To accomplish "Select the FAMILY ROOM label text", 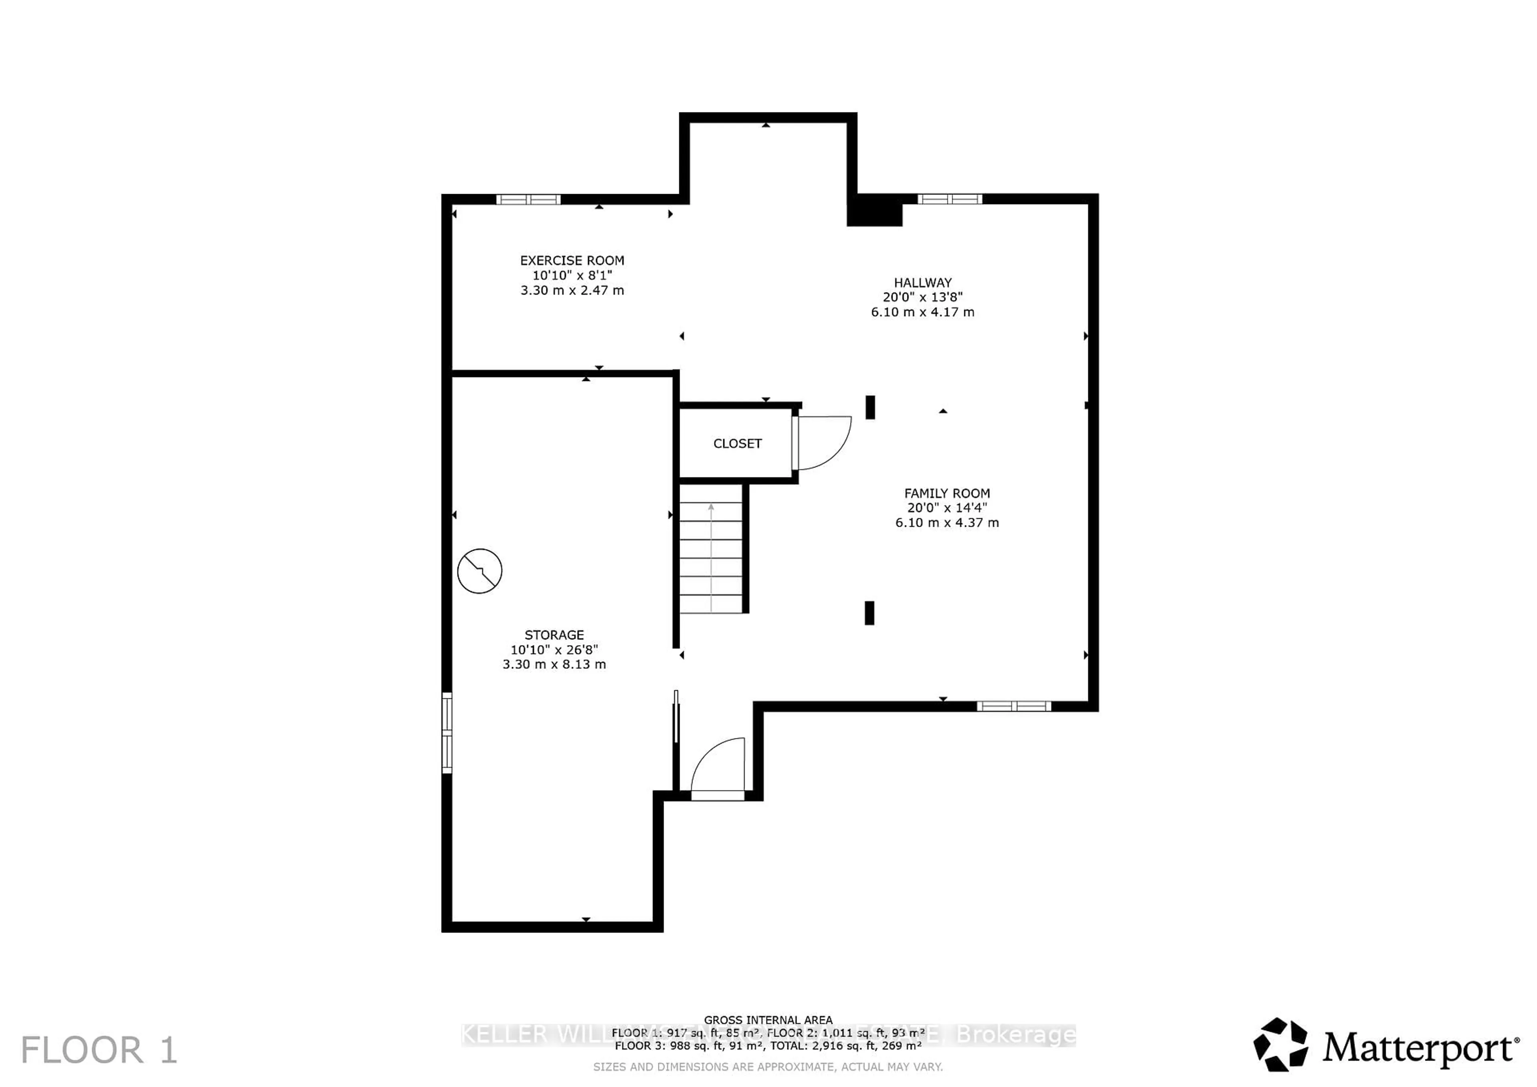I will [947, 493].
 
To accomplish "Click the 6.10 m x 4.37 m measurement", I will [947, 523].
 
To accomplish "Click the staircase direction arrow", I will [711, 556].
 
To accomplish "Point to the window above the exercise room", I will [528, 199].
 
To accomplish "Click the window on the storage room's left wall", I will [447, 733].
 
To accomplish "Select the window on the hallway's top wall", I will [949, 199].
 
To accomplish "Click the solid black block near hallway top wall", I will [874, 211].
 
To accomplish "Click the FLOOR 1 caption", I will [99, 1049].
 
